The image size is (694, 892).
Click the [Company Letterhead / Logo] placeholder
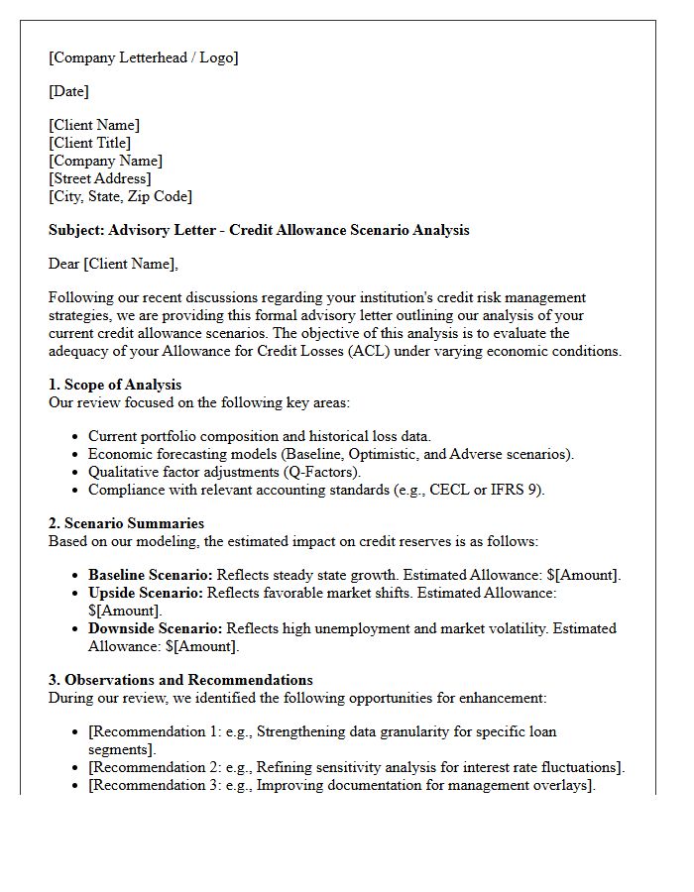click(143, 57)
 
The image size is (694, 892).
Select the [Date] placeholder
click(68, 91)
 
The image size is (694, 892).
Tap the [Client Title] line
click(89, 143)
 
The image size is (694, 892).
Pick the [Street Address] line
click(99, 178)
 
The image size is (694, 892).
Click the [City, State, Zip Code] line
click(120, 196)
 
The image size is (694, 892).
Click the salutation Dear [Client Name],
click(113, 264)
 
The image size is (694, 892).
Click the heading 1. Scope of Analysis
click(115, 385)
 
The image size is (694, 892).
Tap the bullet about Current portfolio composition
click(259, 436)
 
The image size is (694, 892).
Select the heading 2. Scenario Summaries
click(126, 523)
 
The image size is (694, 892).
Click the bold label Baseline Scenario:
click(150, 575)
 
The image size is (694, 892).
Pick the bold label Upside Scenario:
click(145, 593)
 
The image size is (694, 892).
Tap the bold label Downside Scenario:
click(156, 628)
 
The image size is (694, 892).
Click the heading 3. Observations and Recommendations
click(180, 680)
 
